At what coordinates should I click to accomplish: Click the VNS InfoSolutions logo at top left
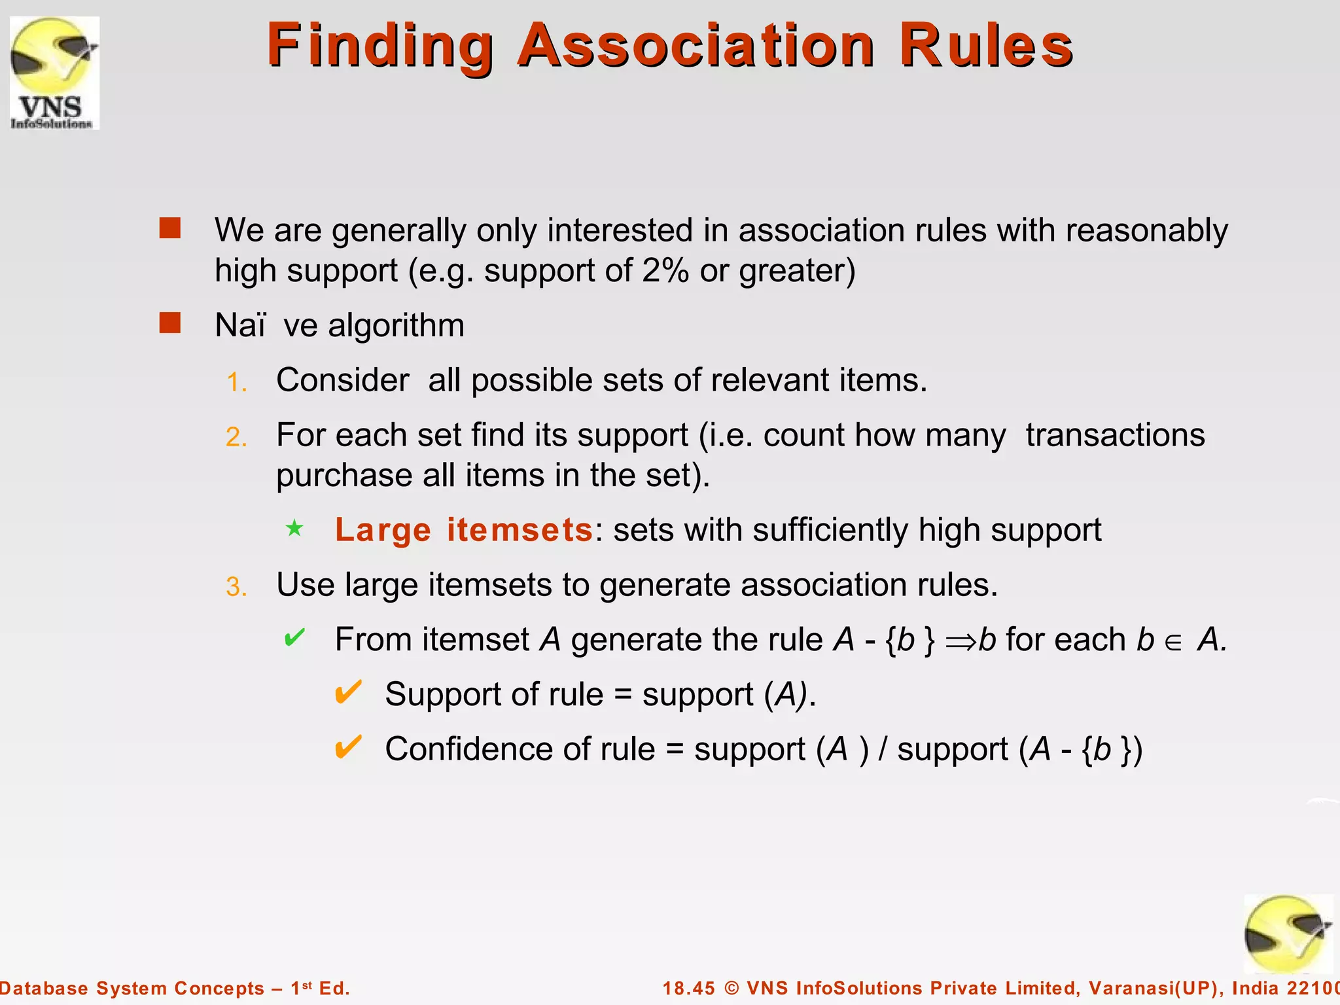tap(54, 73)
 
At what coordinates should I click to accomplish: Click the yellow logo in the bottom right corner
tap(1288, 934)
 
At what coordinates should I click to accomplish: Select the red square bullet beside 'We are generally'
tap(170, 228)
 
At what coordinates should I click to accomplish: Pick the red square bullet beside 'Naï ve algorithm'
tap(170, 323)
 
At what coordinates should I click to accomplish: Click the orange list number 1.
tap(236, 382)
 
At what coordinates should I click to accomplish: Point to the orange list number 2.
tap(236, 437)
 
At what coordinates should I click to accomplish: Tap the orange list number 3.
tap(236, 587)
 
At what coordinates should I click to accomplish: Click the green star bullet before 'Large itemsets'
tap(294, 528)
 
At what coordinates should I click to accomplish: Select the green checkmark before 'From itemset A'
tap(294, 637)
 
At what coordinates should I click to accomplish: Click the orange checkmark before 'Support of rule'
tap(347, 692)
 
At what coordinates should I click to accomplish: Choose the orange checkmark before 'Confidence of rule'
tap(347, 747)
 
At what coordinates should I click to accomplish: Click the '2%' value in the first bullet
tap(665, 270)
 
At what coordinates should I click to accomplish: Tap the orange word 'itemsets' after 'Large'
tap(520, 530)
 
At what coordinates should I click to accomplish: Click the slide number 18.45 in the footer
tap(689, 988)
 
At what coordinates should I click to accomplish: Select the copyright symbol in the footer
tap(732, 988)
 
